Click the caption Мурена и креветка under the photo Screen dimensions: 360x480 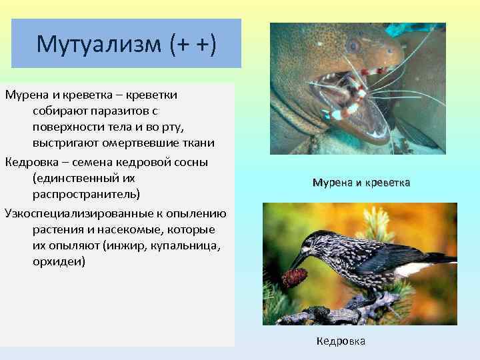pyautogui.click(x=361, y=182)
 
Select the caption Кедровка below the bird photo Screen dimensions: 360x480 pyautogui.click(x=341, y=341)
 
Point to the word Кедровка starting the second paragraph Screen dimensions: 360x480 pyautogui.click(x=30, y=162)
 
